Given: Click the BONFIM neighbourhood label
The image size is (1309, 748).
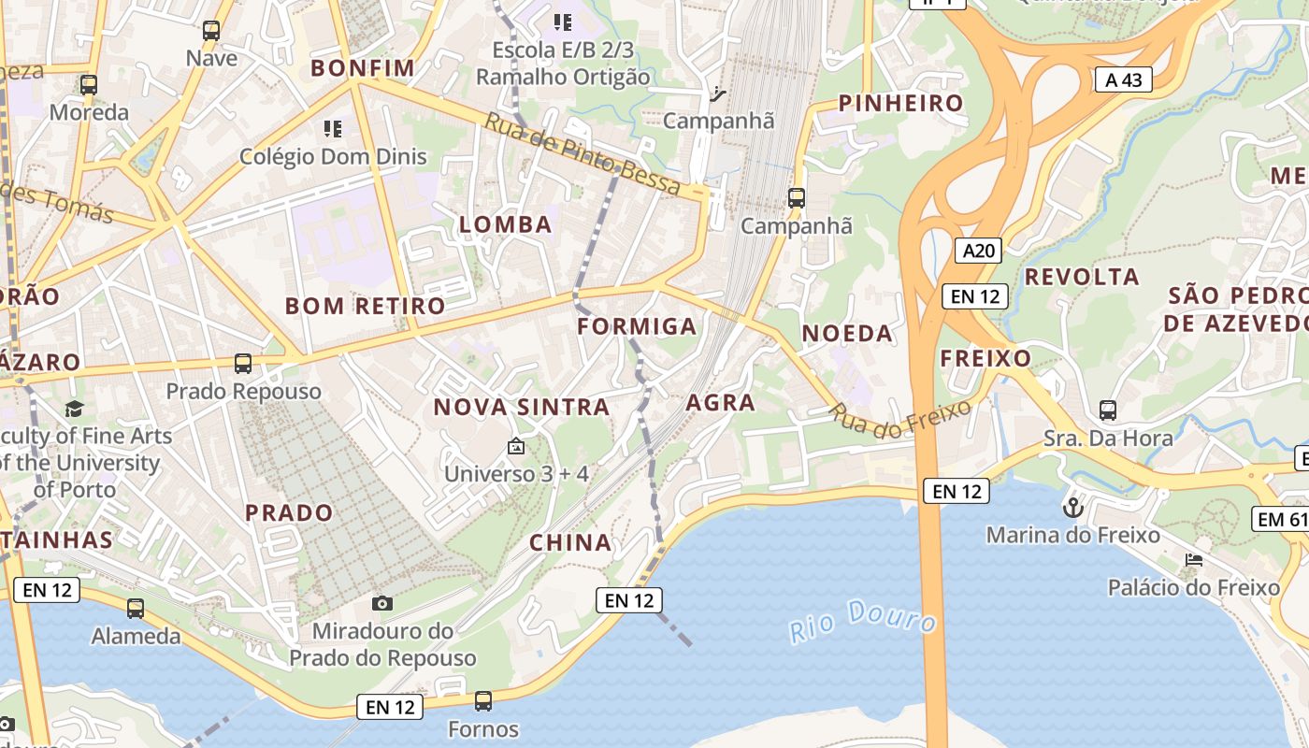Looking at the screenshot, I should pos(362,67).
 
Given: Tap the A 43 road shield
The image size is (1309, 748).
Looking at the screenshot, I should pos(1123,79).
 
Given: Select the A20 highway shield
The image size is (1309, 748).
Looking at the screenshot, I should pos(979,250).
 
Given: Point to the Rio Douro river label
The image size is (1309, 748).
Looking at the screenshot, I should pos(862,620).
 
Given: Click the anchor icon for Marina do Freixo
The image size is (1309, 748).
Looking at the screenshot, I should pos(1073,508).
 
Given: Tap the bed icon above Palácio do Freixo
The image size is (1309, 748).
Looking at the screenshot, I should pos(1193,560).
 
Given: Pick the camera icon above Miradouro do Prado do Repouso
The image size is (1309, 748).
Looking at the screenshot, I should pos(381,603).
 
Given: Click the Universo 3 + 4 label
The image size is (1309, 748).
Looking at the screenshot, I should pos(516,473).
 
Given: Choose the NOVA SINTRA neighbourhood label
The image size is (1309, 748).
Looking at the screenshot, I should pos(521,407).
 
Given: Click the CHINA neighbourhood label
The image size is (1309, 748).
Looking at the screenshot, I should pos(570,542).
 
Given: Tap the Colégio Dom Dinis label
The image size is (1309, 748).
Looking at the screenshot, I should pos(333,156).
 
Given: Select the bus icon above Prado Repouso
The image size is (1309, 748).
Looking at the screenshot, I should pos(243,363).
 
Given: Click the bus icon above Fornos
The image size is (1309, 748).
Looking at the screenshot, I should pos(483,700).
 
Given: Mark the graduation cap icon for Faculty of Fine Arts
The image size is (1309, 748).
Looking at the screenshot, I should pos(74,409).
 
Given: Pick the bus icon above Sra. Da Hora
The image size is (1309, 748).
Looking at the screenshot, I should pos(1108,410).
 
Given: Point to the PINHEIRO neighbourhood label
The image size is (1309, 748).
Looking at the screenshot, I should pos(900,103).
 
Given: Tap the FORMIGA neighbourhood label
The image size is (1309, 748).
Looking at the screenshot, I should pos(637,326).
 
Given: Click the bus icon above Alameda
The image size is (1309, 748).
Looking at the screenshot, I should pos(136,609).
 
